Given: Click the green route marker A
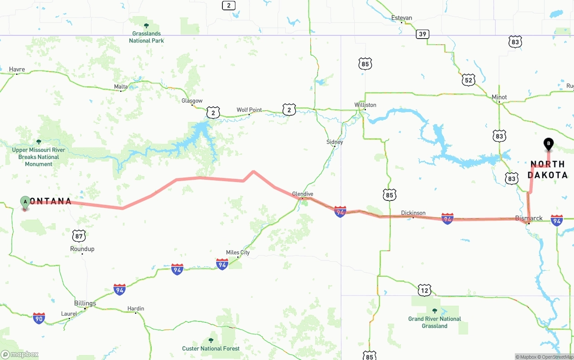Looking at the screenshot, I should point(25,202).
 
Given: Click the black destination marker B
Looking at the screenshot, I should point(548,144).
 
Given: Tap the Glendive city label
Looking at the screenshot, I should point(303,194).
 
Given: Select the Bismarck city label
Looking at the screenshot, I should point(529,218).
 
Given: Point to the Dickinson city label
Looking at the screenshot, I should point(413,213).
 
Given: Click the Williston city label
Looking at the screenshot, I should point(365,105).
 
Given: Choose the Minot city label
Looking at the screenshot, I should point(499,97).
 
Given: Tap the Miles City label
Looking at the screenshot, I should point(238,252).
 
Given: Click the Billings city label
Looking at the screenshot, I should point(85,303).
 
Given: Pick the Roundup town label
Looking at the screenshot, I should point(82,249).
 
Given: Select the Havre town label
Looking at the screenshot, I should point(17,69).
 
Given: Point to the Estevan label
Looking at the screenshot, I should point(401,18).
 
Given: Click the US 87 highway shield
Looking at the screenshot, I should point(79,235).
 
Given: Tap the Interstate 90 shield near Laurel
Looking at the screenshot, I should point(39,318).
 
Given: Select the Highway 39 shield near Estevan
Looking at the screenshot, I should point(422,34).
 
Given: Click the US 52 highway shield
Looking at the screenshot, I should point(469,80).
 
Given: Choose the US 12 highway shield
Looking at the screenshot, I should point(424,290).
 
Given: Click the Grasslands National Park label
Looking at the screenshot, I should point(146,37).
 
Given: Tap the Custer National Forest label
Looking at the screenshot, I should point(211,348).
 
